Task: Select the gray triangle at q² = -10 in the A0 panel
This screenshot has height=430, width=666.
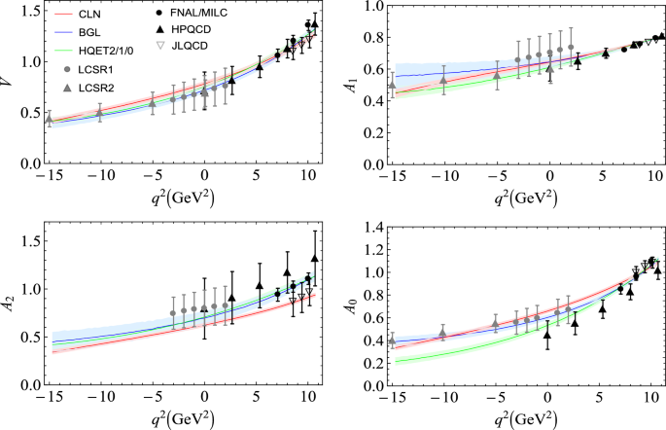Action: (x=443, y=334)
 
